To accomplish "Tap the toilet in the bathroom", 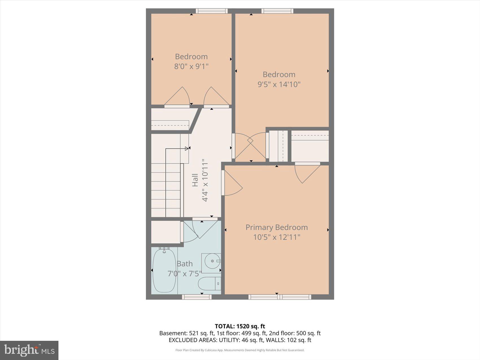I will point(209,283).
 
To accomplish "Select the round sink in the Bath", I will point(212,261).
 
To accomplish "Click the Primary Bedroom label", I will point(276,227).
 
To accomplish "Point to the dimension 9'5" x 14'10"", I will point(279,84).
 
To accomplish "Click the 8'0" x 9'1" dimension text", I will point(191,66).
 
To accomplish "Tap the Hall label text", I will point(195,180).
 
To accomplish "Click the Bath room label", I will point(185,264).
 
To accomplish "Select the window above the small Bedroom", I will point(211,11).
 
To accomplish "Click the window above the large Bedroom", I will point(277,11).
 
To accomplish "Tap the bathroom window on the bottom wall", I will point(197,297).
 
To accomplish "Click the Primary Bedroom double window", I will point(280,297).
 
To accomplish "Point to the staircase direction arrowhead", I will point(187,149).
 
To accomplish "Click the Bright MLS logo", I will point(29,350).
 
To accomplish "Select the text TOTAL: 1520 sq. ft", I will point(240,326).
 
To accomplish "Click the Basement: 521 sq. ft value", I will point(186,333).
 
